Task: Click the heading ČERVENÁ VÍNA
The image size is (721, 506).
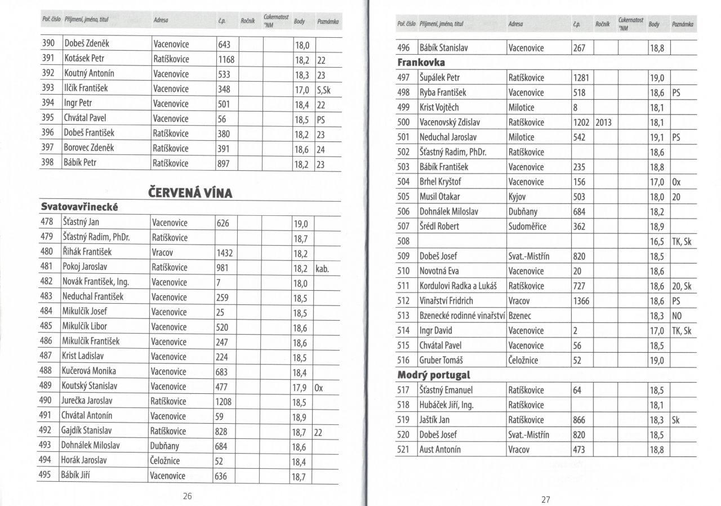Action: click(190, 193)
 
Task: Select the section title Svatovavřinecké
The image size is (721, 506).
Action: click(79, 207)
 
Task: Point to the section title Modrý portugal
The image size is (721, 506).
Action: click(434, 375)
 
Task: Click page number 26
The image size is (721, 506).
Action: click(188, 496)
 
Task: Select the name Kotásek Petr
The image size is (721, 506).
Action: click(84, 58)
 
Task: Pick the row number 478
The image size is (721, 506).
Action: click(47, 223)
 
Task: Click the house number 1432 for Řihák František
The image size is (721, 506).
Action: click(225, 253)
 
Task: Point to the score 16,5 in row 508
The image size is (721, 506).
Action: click(657, 242)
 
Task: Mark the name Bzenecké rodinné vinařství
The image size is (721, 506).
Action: click(462, 316)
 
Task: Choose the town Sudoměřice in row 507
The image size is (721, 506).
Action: click(527, 227)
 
